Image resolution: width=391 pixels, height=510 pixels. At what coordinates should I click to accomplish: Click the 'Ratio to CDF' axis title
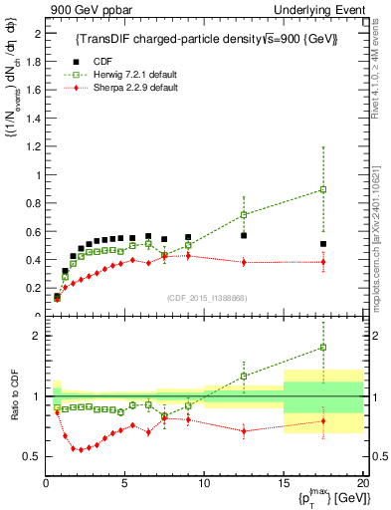(16, 396)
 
